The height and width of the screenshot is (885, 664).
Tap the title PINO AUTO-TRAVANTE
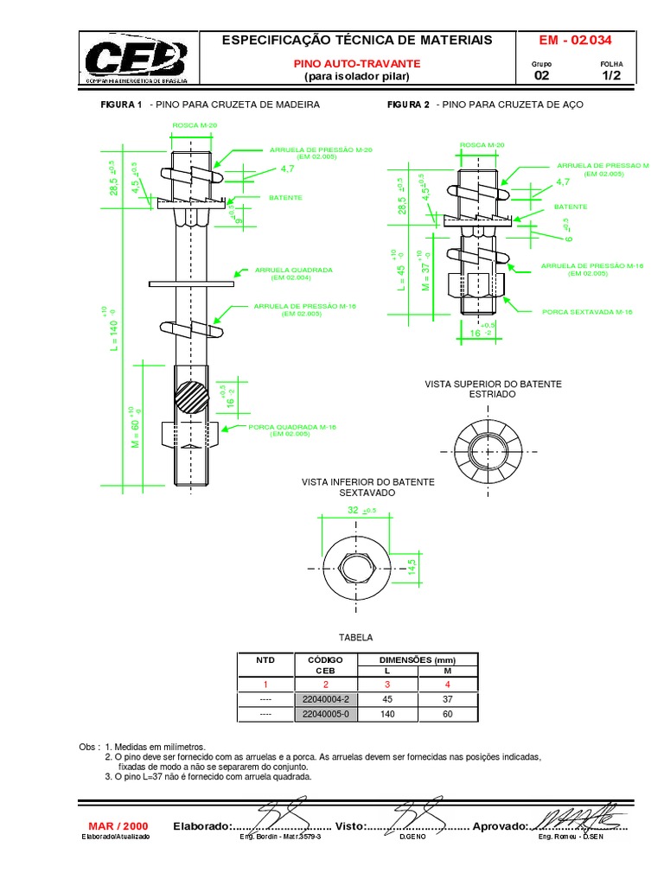pos(356,64)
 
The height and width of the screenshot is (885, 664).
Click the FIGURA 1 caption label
pos(121,105)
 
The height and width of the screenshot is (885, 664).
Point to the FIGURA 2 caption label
pos(408,105)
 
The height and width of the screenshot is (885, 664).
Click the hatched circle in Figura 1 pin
pos(191,398)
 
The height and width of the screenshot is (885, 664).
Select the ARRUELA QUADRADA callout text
pos(281,270)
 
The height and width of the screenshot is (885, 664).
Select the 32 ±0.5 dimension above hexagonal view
pos(359,512)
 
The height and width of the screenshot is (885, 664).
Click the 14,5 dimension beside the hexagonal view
pos(412,568)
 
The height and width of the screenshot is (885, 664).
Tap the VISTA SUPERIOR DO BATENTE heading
pos(492,383)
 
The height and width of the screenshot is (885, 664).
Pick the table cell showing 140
pos(387,715)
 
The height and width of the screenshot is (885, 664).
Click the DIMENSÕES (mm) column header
pos(418,659)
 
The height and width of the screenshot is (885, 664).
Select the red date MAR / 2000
pos(118,825)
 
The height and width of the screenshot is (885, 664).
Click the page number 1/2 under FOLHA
pos(611,76)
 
